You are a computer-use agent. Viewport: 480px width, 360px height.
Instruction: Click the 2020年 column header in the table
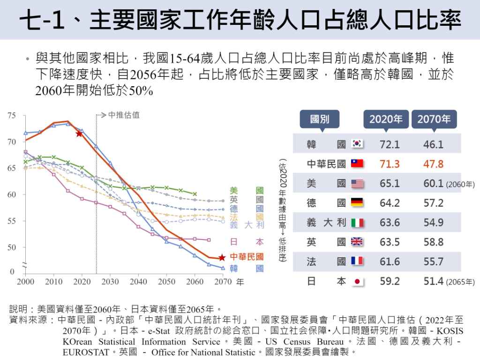(386, 119)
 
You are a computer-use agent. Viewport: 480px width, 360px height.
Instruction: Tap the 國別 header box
(320, 119)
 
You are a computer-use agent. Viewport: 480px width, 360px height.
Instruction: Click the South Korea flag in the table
(358, 144)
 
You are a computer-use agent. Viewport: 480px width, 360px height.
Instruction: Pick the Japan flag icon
(358, 281)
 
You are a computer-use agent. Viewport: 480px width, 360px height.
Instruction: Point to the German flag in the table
(358, 203)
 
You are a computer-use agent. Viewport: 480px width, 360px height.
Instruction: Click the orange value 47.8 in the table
(433, 164)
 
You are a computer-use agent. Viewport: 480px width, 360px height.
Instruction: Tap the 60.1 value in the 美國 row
(433, 183)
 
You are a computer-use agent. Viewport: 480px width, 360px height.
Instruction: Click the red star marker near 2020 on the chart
(80, 134)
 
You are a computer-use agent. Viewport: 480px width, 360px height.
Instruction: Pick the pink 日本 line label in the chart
(247, 242)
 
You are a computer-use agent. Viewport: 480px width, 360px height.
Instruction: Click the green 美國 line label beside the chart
(247, 191)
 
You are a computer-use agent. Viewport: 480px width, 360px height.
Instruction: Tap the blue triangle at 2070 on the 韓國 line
(223, 268)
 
